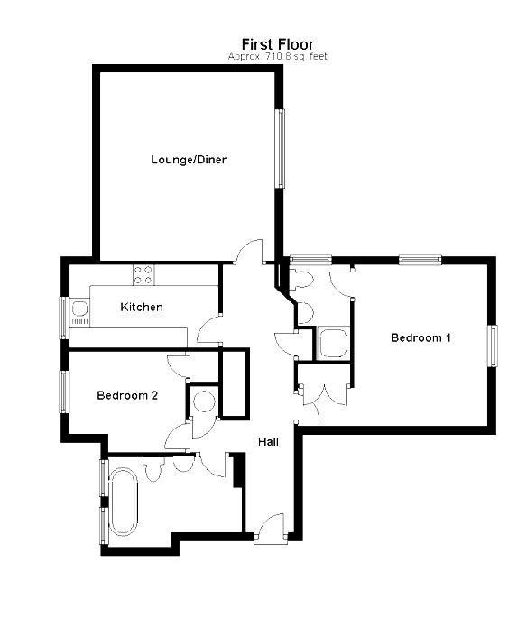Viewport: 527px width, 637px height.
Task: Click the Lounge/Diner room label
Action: click(x=188, y=161)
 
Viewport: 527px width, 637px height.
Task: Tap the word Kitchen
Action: click(x=142, y=307)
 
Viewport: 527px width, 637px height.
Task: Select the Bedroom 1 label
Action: click(x=420, y=337)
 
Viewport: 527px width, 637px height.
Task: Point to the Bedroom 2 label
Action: click(x=127, y=395)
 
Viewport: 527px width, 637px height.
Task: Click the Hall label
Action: click(x=268, y=442)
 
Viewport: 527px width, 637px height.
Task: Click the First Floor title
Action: click(x=277, y=43)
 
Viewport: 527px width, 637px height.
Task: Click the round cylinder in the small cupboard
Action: click(x=202, y=402)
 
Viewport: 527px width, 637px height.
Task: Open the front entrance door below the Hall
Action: click(x=268, y=528)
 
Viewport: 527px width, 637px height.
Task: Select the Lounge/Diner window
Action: click(x=281, y=148)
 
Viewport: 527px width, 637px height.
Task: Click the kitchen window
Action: click(x=64, y=317)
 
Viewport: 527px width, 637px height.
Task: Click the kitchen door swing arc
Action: click(x=209, y=327)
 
